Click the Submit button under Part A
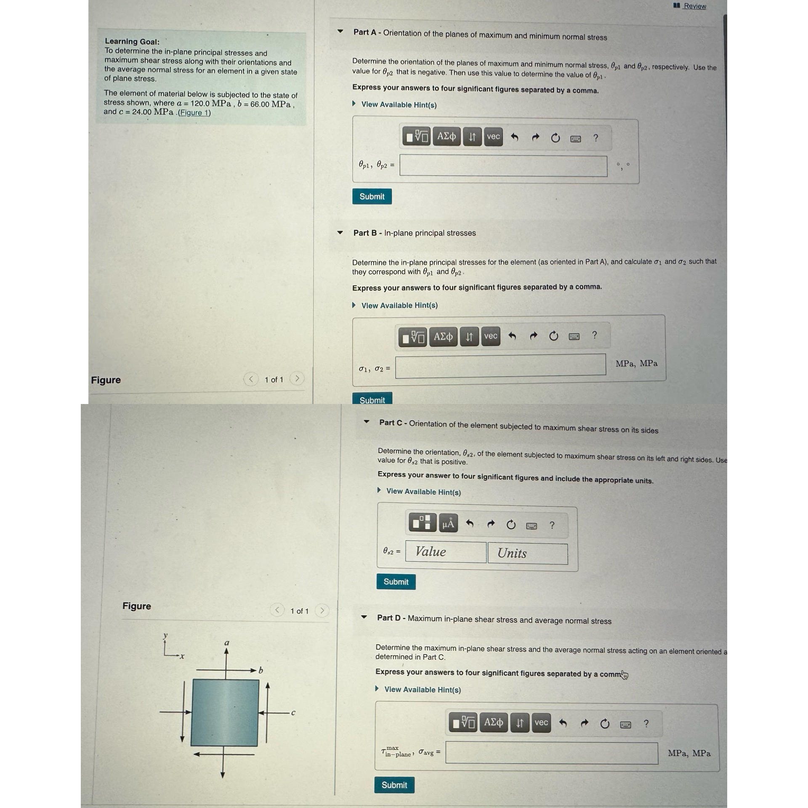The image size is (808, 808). coord(372,197)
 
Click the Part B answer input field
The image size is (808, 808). coord(500,365)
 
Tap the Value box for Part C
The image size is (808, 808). coord(446,552)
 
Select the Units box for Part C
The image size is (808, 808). coord(527,553)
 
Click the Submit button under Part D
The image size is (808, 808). coord(394,785)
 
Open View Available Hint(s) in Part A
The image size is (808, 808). coord(399,104)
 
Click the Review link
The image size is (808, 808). coord(694,6)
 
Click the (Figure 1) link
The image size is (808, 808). coord(194,112)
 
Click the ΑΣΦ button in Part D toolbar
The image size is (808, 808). coord(493,723)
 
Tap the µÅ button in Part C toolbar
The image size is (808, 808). coord(448,524)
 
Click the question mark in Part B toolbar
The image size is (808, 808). coord(594,335)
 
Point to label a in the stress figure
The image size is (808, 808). coord(227,643)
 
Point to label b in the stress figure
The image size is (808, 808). coord(261,670)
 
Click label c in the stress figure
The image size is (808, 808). coord(293,713)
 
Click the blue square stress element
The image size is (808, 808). coord(225,712)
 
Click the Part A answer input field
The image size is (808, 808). coord(503,166)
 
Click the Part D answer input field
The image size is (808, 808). coord(551,753)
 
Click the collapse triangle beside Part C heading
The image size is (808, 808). coord(367,422)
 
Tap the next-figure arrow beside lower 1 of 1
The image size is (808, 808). coord(322,610)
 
